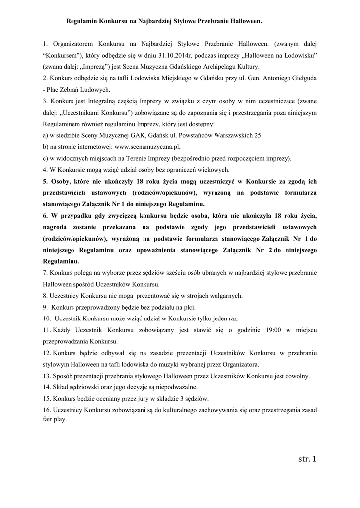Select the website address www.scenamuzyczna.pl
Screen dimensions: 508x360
click(x=147, y=147)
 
